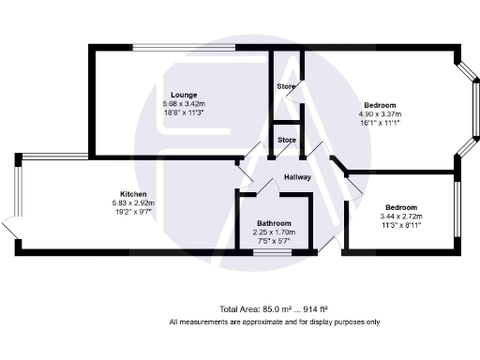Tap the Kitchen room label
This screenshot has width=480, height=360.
click(133, 194)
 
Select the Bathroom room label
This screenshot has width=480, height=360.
click(274, 223)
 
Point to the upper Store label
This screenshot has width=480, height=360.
click(286, 87)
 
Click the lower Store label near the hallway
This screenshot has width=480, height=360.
click(286, 142)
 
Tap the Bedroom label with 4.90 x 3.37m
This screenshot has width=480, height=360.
click(380, 104)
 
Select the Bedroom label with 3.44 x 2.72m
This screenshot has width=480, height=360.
click(400, 206)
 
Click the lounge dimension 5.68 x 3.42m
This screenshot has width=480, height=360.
click(184, 103)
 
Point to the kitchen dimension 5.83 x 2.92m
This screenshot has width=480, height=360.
click(133, 203)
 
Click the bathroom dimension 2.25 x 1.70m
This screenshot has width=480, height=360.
click(274, 232)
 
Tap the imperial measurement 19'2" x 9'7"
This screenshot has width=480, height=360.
click(133, 213)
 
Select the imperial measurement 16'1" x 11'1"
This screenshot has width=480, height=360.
click(380, 122)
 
